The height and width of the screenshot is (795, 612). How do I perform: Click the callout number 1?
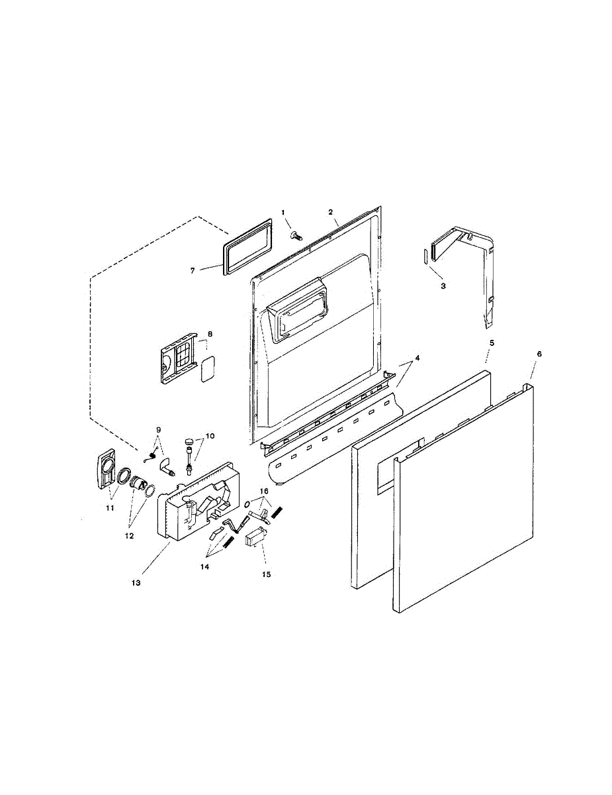283,212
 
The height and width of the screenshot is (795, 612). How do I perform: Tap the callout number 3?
443,286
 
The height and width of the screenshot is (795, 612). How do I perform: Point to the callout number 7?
193,270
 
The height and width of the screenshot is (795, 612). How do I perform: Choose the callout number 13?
136,582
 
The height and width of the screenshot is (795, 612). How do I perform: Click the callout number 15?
266,574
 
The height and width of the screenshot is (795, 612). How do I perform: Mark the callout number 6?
539,354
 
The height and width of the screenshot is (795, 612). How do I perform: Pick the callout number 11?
110,507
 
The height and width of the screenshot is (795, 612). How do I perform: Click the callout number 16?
263,491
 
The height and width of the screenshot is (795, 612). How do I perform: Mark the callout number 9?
158,429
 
